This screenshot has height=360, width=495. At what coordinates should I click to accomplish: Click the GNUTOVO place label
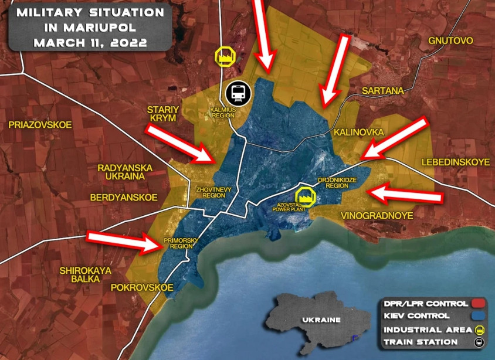click(x=450, y=40)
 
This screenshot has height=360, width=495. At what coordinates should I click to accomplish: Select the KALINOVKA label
click(x=358, y=133)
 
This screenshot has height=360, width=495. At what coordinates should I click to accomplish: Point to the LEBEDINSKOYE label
click(x=455, y=162)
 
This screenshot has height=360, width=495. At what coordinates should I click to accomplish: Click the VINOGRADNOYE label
click(x=377, y=216)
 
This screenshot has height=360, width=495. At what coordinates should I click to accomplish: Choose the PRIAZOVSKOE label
click(x=40, y=125)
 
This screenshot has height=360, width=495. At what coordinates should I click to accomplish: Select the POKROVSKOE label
click(x=141, y=288)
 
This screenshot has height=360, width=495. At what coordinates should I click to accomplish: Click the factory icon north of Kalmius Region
click(x=225, y=56)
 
